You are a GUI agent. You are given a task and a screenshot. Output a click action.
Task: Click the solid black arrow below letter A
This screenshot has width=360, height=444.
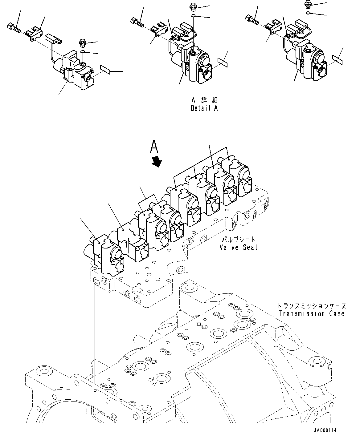tap(157, 161)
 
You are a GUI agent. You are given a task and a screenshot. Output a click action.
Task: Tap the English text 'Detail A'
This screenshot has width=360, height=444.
tap(204, 108)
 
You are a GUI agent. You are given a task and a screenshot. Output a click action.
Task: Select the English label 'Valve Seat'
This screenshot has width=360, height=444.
tap(238, 247)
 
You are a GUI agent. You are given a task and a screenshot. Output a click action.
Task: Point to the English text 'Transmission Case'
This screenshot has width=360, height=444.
tap(311, 314)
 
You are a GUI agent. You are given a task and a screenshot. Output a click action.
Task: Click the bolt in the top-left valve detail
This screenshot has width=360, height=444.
tap(13, 29)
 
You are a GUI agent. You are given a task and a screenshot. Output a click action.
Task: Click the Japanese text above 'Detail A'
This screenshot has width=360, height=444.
tap(204, 100)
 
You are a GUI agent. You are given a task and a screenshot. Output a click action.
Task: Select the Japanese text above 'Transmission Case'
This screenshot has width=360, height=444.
tap(311, 306)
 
